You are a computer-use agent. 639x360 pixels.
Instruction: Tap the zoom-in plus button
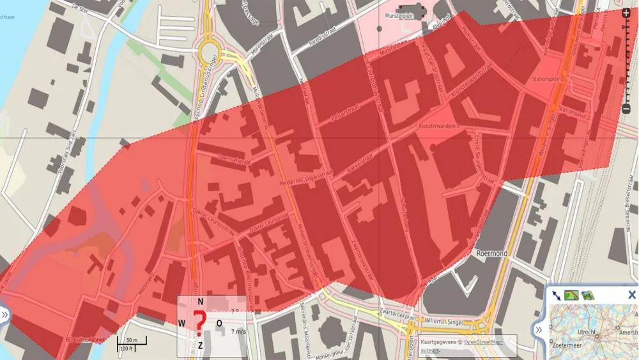[626, 12]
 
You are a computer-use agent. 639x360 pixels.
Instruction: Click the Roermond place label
[491, 253]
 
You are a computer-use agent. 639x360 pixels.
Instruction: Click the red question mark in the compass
[200, 323]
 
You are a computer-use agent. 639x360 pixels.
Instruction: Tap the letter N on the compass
[200, 302]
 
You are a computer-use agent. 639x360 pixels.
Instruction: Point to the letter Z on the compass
[200, 346]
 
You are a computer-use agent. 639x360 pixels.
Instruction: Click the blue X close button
[631, 295]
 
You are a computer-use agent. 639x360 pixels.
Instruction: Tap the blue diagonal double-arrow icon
[556, 295]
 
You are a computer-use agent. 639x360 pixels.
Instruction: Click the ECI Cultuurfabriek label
[86, 339]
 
